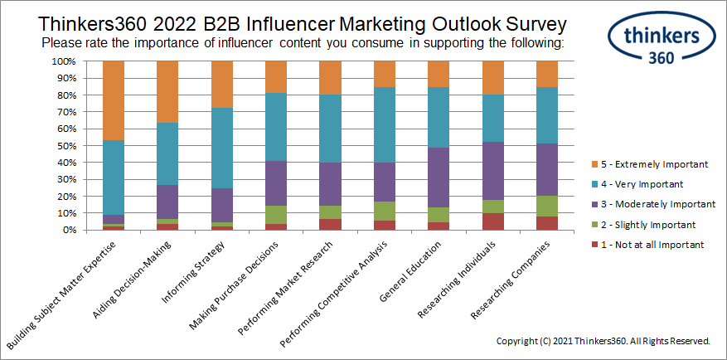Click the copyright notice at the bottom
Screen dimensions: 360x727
click(603, 341)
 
